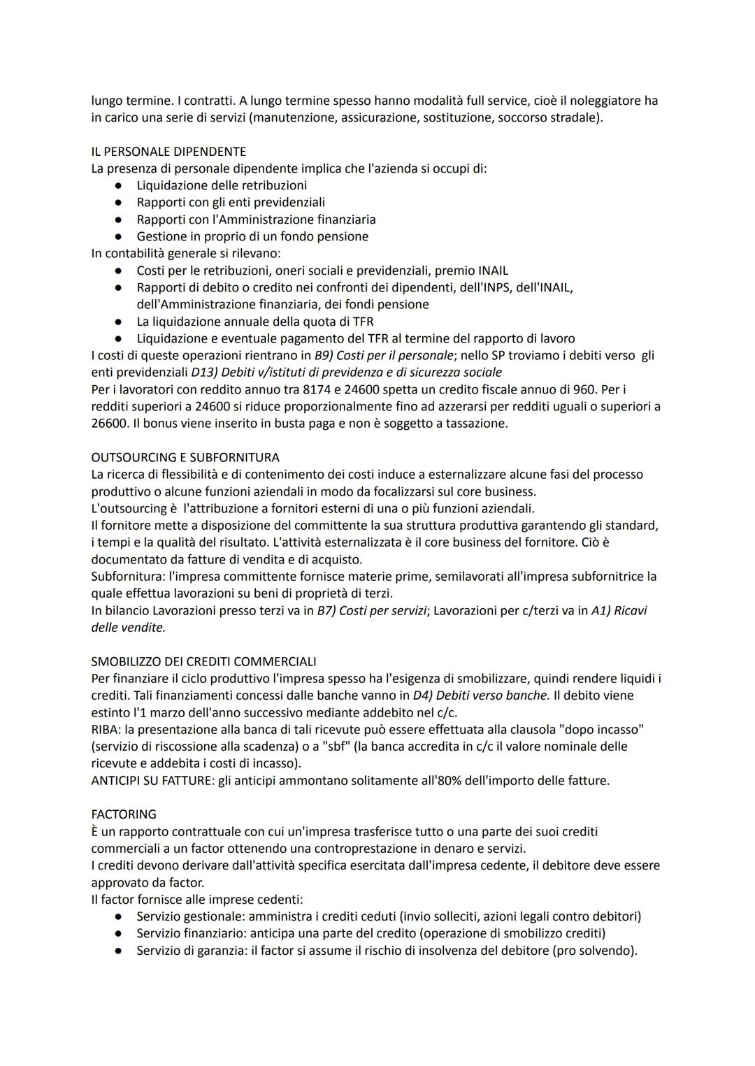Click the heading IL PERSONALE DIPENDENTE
point(168,152)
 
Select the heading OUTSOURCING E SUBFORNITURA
point(185,457)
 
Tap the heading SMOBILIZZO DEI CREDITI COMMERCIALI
point(203,661)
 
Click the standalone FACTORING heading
point(124,814)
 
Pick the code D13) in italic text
point(204,373)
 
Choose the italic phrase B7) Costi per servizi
point(371,611)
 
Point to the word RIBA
point(105,730)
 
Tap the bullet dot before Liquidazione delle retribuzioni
point(120,186)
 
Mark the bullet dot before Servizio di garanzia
point(120,951)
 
